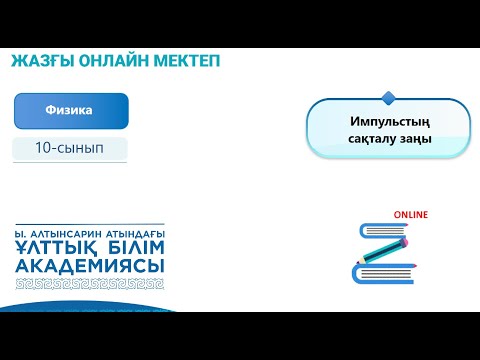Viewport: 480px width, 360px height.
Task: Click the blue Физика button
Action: pos(70,110)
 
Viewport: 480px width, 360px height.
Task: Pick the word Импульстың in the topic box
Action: pos(389,121)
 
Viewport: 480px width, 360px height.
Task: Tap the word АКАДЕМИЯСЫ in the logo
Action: pos(90,266)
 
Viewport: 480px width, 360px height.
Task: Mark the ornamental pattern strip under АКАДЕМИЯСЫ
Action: pos(90,283)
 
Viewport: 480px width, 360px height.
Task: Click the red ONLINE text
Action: pos(410,214)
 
